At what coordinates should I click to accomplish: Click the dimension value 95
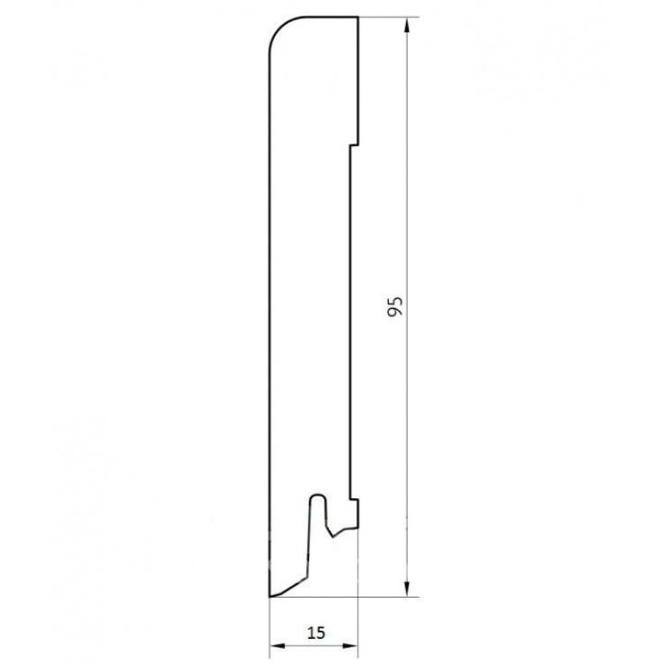click(395, 307)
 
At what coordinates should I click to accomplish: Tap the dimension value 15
click(316, 632)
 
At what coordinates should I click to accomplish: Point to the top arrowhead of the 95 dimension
click(407, 26)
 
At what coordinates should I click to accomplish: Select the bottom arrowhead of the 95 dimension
click(407, 588)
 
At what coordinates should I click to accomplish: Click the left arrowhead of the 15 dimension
click(277, 646)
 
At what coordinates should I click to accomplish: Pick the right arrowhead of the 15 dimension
click(351, 646)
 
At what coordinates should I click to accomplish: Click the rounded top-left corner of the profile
click(280, 27)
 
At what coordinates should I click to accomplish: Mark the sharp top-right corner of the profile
click(358, 17)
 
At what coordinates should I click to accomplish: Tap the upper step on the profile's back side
click(354, 146)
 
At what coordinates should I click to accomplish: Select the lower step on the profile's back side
click(354, 500)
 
